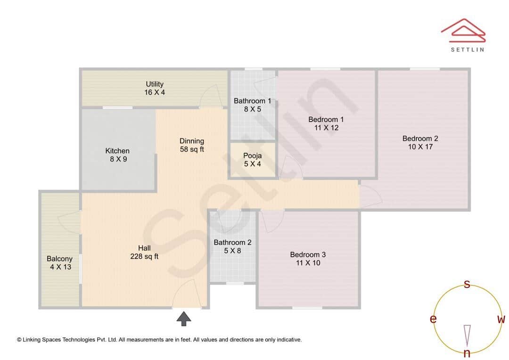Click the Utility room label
[155, 84]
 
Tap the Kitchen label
[117, 151]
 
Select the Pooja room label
[252, 155]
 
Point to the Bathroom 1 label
[252, 101]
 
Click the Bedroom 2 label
[420, 139]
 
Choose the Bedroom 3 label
[308, 254]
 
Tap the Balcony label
[59, 259]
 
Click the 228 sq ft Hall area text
[144, 257]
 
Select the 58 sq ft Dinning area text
[192, 149]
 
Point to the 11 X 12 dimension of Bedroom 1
[326, 128]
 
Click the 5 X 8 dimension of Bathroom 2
[232, 251]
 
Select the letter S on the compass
[467, 284]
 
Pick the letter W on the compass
[501, 319]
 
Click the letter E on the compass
[433, 319]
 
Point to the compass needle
[467, 335]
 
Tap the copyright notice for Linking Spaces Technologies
[159, 339]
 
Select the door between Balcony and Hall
[71, 221]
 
